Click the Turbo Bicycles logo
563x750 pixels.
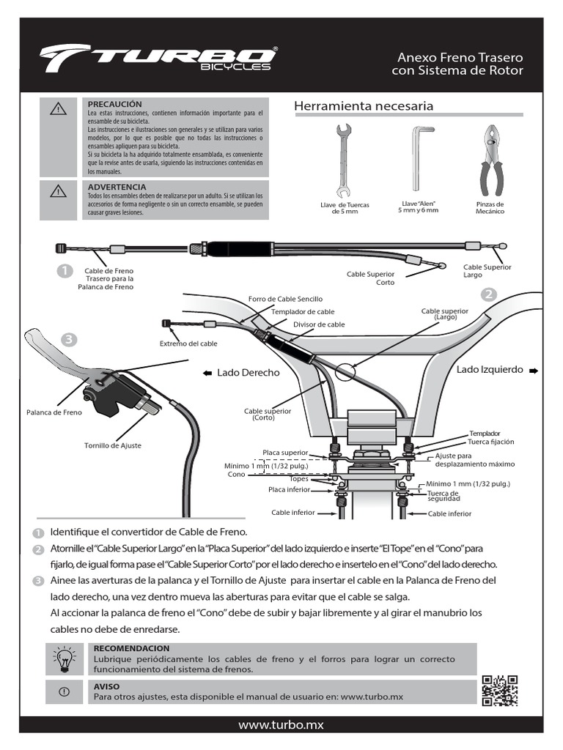click(158, 59)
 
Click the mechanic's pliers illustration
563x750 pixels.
click(490, 160)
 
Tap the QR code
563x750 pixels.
click(501, 690)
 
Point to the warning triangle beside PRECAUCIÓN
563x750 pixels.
click(59, 110)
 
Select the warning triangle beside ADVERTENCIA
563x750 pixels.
click(59, 193)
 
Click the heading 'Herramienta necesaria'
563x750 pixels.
click(364, 107)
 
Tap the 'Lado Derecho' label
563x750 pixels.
click(248, 373)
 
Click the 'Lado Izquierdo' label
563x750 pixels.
click(490, 370)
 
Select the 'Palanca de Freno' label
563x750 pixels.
click(54, 412)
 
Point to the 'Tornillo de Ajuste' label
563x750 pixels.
click(113, 445)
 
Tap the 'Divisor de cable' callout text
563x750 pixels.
click(319, 324)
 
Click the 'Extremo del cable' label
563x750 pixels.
click(188, 344)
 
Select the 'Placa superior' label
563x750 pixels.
click(285, 453)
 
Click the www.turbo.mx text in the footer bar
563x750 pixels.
click(281, 724)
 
